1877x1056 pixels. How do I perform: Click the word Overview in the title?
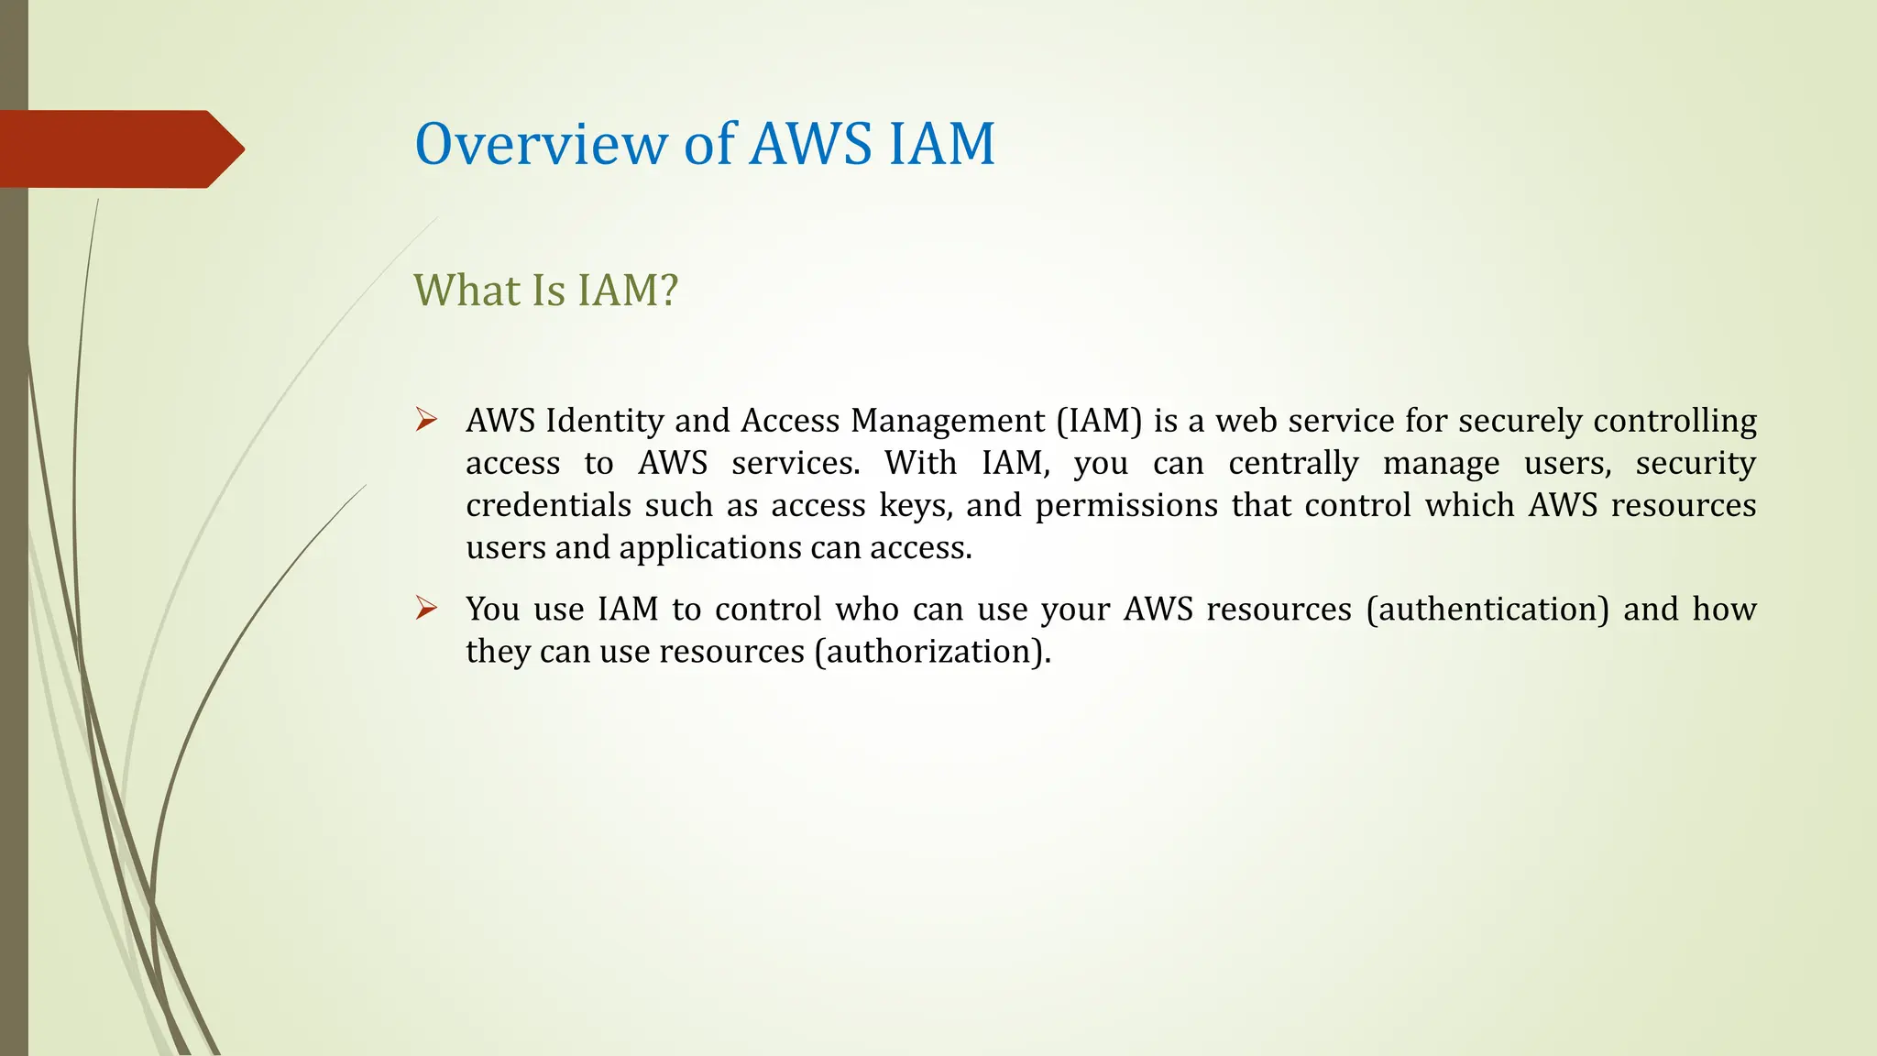[541, 144]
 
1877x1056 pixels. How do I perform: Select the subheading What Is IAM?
[545, 291]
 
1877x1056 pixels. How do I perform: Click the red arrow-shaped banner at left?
[119, 149]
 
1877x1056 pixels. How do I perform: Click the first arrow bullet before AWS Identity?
[426, 421]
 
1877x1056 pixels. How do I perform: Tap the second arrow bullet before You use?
[426, 609]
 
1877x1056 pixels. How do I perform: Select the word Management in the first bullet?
[948, 421]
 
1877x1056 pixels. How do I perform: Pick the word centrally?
[1293, 463]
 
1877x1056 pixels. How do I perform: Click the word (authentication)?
[1487, 609]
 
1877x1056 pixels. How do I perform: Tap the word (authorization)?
[932, 651]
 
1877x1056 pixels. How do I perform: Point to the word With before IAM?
[920, 463]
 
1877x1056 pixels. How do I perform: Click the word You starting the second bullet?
[492, 609]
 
